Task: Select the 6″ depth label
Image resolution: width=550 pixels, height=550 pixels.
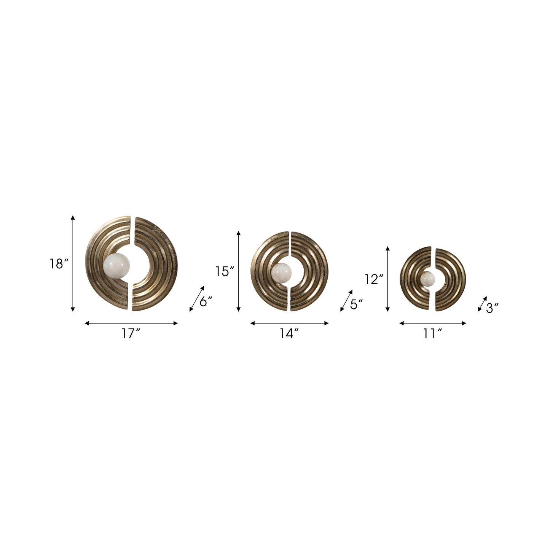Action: (206, 302)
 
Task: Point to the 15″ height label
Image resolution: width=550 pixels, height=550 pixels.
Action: (225, 271)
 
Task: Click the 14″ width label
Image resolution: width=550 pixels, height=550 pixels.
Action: (289, 334)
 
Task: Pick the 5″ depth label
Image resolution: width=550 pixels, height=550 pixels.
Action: (356, 304)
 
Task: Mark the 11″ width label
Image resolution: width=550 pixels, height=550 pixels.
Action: (433, 334)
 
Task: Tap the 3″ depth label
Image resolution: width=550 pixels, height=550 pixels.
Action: (493, 308)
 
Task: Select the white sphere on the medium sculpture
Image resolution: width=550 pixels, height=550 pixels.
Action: (282, 271)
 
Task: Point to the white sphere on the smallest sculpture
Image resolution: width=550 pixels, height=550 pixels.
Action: (427, 279)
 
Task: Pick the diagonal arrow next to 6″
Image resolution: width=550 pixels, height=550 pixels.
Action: (197, 299)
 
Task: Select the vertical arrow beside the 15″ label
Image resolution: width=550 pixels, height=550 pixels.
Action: (239, 271)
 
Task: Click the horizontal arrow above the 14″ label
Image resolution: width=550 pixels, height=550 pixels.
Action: (289, 323)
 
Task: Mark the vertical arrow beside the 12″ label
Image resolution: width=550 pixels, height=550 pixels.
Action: (387, 279)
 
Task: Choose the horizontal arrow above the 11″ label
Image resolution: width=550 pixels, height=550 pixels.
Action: (433, 323)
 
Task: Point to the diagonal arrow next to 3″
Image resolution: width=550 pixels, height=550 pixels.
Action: (482, 304)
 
